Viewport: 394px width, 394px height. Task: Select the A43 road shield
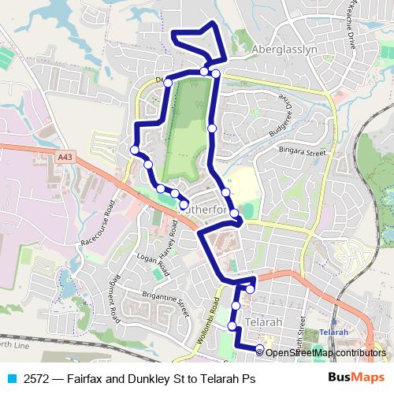click(65, 158)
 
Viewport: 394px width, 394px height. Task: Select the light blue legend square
click(8, 377)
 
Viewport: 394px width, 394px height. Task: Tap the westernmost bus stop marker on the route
click(135, 150)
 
